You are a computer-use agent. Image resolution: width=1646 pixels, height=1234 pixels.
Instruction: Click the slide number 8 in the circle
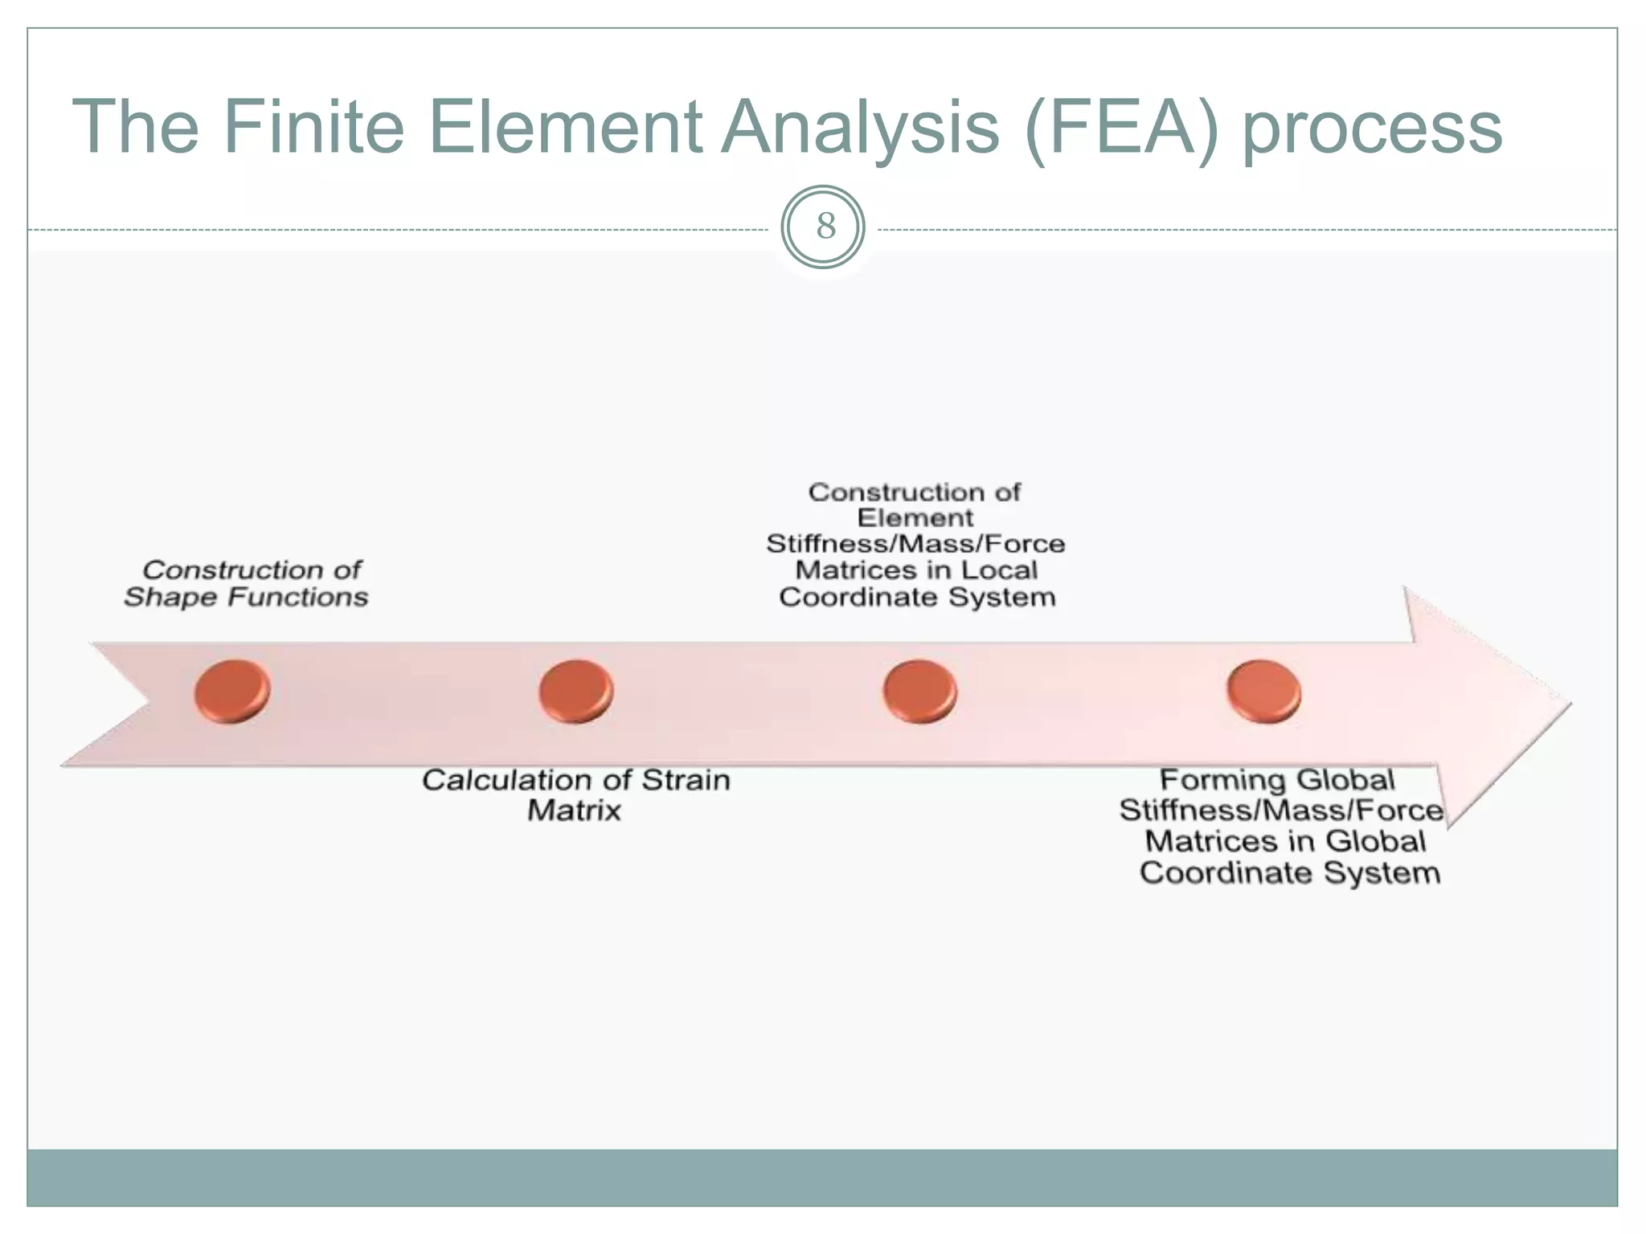(824, 227)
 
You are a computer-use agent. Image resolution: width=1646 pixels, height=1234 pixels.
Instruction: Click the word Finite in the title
(313, 127)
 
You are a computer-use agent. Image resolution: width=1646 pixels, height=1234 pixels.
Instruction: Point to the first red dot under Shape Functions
(232, 691)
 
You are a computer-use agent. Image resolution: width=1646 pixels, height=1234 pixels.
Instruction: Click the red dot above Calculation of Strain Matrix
(575, 691)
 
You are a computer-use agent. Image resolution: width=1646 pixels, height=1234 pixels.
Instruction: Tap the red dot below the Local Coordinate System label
(919, 691)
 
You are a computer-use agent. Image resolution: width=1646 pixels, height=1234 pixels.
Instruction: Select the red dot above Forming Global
(1263, 691)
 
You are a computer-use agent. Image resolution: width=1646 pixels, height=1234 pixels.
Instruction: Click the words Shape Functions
(246, 597)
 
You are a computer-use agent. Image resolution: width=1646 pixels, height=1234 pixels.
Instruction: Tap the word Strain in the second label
(686, 780)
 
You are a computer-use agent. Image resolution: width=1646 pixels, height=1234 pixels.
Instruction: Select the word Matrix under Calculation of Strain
(574, 810)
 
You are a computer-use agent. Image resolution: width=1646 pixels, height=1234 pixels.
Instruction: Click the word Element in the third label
(915, 517)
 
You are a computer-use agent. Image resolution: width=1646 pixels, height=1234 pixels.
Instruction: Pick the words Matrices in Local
(916, 570)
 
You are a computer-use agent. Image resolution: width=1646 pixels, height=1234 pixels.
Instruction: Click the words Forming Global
(1276, 780)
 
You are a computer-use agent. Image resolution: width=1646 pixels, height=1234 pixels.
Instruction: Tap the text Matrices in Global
(1284, 841)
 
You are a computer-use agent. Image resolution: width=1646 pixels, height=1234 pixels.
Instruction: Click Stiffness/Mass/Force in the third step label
(915, 544)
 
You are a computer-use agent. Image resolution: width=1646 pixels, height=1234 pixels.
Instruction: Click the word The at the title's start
(135, 127)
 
